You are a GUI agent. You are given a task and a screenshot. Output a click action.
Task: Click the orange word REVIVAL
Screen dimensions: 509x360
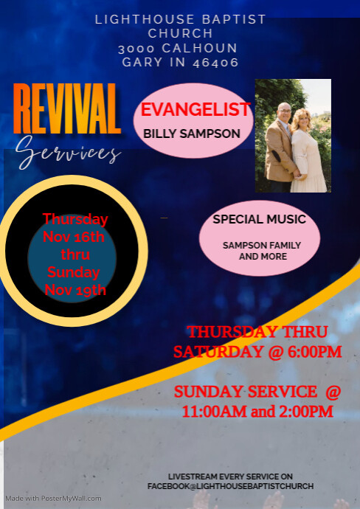pyautogui.click(x=66, y=108)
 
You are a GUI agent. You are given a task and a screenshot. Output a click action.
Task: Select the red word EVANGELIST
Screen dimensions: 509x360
pyautogui.click(x=195, y=110)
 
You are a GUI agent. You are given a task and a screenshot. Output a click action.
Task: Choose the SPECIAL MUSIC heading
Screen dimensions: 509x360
pyautogui.click(x=259, y=219)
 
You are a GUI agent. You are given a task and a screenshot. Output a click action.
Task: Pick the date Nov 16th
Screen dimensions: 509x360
pyautogui.click(x=74, y=237)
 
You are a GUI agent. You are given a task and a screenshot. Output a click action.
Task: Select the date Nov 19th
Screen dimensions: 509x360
pyautogui.click(x=75, y=290)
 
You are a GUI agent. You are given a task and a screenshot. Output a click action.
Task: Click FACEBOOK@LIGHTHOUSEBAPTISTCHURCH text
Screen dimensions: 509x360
pyautogui.click(x=230, y=486)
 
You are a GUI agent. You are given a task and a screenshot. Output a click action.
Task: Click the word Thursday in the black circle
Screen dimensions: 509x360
pyautogui.click(x=75, y=219)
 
